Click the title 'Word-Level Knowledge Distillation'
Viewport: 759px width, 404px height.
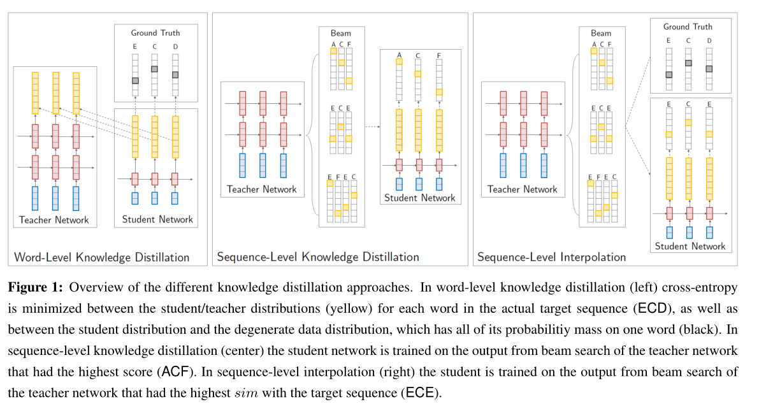point(102,257)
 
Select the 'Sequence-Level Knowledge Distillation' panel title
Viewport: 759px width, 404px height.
point(317,257)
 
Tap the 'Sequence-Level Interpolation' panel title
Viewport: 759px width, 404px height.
point(551,257)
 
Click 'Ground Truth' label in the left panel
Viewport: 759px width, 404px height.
point(155,32)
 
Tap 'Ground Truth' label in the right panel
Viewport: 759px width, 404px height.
point(688,27)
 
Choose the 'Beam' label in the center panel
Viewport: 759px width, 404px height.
point(340,33)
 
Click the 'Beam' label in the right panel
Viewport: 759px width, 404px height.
point(600,33)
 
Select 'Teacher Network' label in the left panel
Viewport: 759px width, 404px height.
point(54,220)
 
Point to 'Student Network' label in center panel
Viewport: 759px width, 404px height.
point(419,198)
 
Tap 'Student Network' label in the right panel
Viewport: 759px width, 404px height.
point(690,246)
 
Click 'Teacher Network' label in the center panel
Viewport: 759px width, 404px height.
point(261,189)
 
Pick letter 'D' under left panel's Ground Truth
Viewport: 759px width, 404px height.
point(175,46)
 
